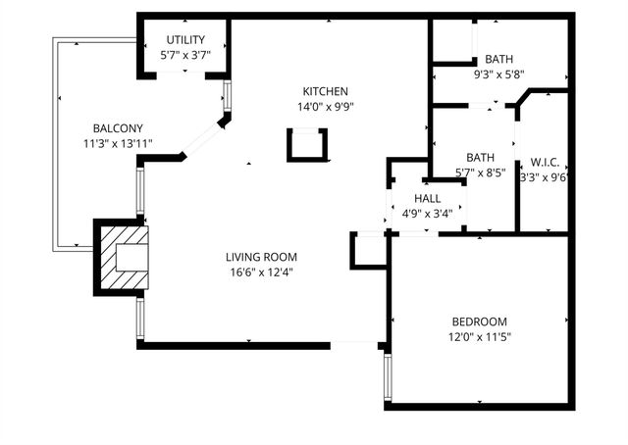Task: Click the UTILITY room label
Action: coord(184,39)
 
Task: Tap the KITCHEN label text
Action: coord(325,91)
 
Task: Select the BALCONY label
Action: coord(118,128)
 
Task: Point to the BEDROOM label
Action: coord(479,321)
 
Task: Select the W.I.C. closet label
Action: coord(545,162)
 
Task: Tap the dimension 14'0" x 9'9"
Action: coord(325,108)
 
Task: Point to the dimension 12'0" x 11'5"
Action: coord(479,338)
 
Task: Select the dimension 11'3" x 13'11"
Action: coord(118,145)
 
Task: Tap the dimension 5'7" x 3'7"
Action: coord(184,56)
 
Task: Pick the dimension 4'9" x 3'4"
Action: coord(427,213)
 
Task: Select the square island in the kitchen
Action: coord(305,144)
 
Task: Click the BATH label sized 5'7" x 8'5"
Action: coord(480,157)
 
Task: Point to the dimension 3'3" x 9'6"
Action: coord(545,178)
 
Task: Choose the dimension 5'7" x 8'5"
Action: coord(480,173)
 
